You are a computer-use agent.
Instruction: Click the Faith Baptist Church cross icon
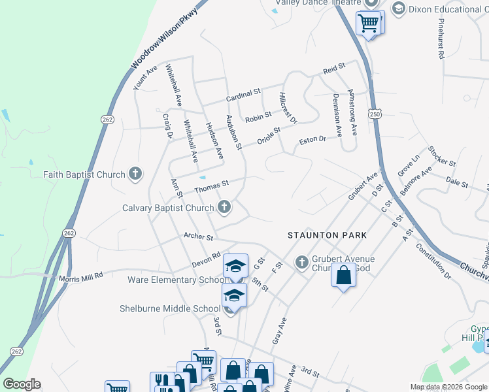[x=135, y=174]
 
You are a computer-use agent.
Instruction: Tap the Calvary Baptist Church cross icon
[x=224, y=208]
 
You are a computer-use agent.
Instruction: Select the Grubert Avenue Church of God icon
[x=302, y=261]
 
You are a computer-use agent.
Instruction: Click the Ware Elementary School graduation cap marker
[x=235, y=266]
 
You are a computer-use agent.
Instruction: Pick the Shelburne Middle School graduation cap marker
[x=234, y=295]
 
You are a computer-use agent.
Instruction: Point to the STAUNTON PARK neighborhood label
[x=327, y=235]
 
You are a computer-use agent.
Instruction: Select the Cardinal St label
[x=244, y=95]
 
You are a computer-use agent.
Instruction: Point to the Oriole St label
[x=268, y=135]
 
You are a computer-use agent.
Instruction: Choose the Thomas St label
[x=211, y=188]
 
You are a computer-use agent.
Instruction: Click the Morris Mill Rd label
[x=81, y=276]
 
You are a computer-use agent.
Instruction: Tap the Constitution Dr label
[x=433, y=262]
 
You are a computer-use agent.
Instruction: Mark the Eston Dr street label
[x=312, y=140]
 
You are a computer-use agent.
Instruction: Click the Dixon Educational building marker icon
[x=397, y=8]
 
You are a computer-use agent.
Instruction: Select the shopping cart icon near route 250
[x=369, y=23]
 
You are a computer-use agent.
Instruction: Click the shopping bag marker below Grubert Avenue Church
[x=344, y=276]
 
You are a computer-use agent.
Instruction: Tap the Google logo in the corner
[x=22, y=384]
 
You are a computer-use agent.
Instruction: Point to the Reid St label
[x=333, y=68]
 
